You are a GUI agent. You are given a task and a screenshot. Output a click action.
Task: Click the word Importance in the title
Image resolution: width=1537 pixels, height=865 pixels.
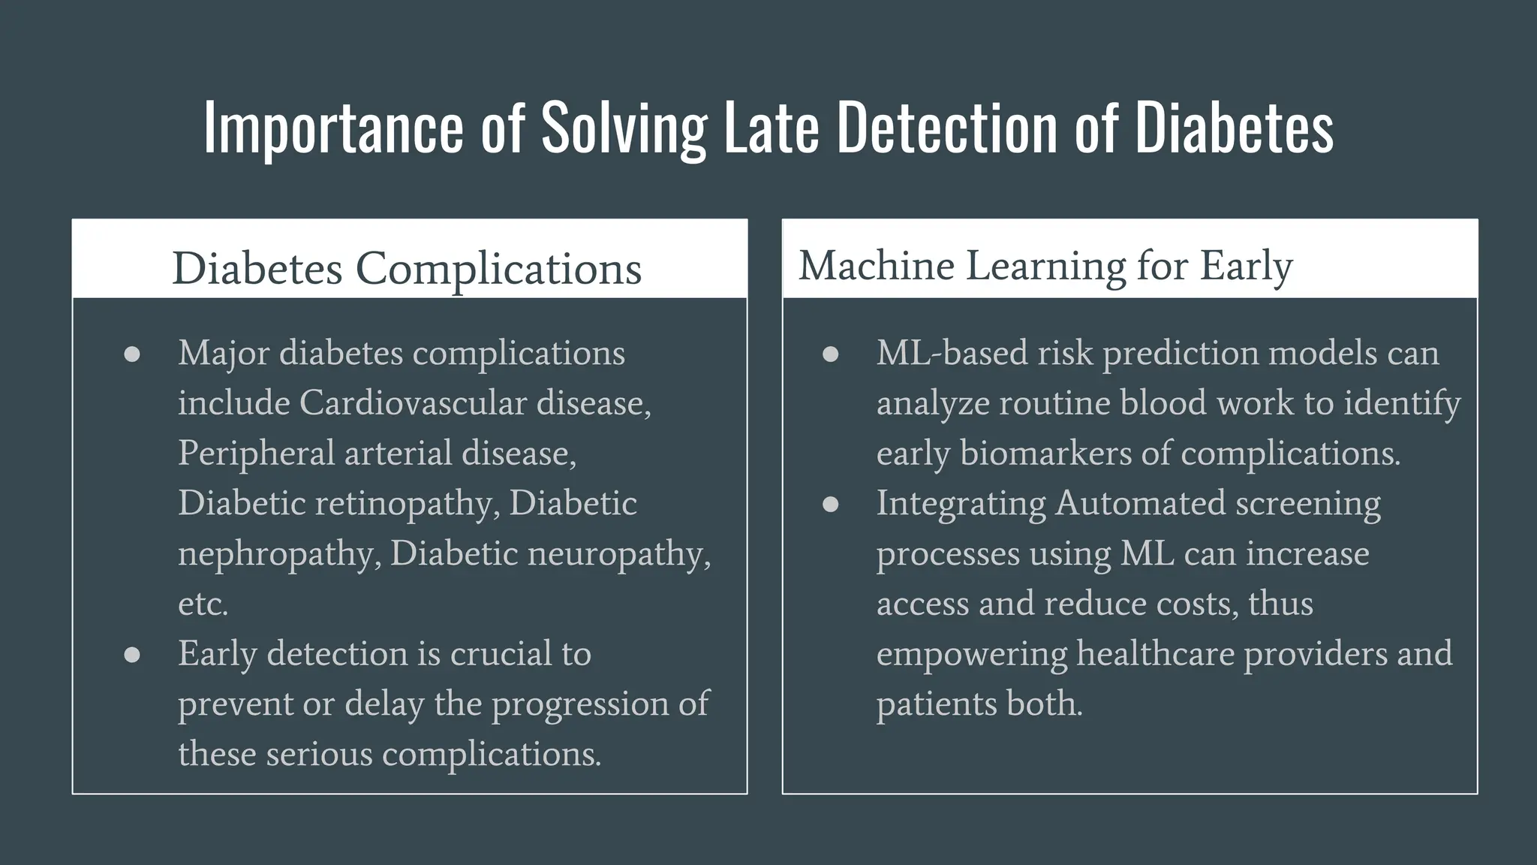point(334,128)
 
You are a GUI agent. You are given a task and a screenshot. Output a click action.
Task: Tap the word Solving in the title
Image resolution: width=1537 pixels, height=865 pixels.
point(624,128)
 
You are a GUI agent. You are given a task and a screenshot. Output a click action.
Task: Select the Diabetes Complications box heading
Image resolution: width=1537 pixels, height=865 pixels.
point(407,268)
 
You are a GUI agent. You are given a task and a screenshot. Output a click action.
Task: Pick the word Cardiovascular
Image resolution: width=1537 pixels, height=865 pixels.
point(413,403)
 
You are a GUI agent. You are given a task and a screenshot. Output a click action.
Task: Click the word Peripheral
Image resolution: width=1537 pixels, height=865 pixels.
point(256,454)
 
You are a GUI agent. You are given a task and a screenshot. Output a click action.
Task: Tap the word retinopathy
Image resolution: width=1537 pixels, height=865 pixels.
point(408,504)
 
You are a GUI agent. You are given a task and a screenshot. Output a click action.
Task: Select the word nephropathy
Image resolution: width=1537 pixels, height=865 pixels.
point(279,554)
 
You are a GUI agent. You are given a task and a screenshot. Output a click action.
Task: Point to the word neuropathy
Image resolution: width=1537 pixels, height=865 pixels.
point(619,554)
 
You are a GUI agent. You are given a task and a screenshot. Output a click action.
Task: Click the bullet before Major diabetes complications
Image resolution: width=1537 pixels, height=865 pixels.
point(132,354)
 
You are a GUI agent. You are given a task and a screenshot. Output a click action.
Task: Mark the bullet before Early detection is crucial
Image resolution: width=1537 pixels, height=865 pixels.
point(132,655)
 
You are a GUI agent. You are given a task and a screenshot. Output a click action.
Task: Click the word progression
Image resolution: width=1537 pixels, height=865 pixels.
point(579,704)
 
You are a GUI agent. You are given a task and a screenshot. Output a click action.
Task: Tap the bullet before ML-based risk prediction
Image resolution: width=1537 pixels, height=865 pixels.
point(830,354)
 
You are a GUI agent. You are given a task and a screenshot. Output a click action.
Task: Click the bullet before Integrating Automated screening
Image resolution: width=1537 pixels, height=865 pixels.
point(830,504)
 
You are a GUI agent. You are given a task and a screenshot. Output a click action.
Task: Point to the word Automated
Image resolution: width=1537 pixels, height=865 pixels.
point(1140,503)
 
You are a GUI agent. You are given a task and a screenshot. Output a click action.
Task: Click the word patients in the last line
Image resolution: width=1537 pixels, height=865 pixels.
point(936,704)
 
